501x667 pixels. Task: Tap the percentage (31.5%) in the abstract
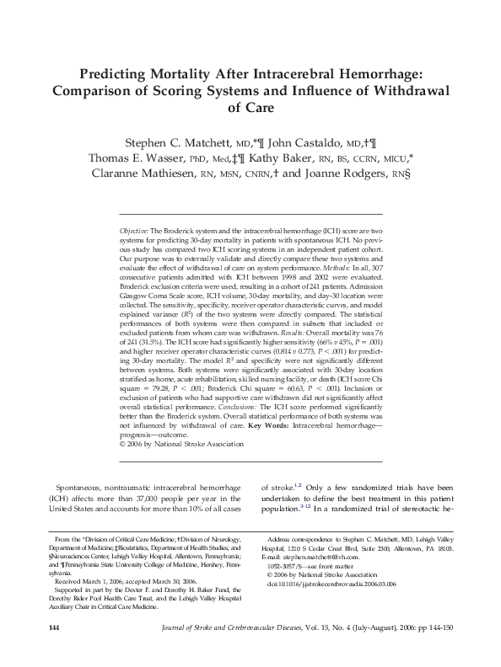[154, 318]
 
